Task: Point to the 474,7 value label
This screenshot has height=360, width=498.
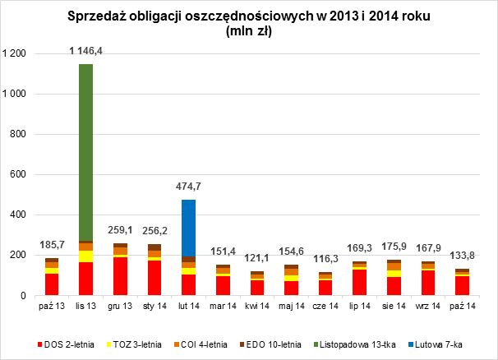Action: (x=188, y=187)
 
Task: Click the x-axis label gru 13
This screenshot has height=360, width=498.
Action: (x=120, y=307)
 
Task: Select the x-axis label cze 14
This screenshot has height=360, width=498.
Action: (x=325, y=307)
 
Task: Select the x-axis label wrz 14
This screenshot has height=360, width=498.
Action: (x=428, y=307)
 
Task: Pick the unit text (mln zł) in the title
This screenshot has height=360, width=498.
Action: (x=248, y=32)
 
